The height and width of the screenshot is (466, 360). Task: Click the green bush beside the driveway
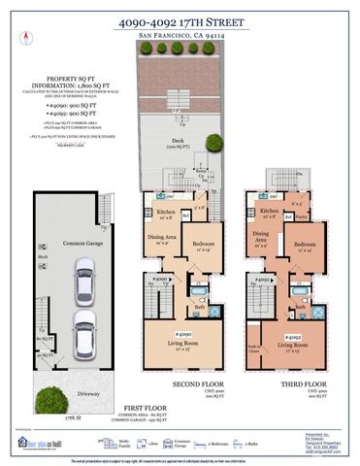pyautogui.click(x=44, y=397)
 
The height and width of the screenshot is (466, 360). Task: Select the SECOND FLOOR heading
pyautogui.click(x=193, y=383)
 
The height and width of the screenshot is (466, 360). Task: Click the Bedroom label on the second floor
pyautogui.click(x=202, y=243)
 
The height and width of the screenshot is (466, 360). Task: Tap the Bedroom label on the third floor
pyautogui.click(x=307, y=243)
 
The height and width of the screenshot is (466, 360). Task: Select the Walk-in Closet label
pyautogui.click(x=254, y=345)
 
